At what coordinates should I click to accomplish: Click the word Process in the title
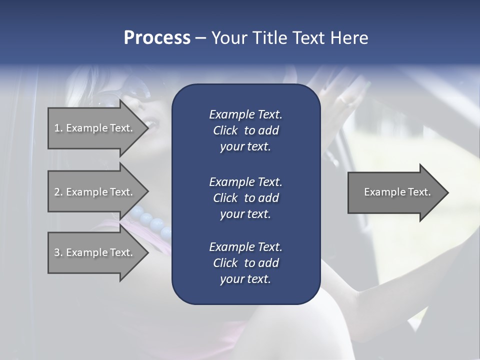157,38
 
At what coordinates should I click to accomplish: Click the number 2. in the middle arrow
58,192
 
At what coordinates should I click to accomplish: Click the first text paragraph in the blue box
245,130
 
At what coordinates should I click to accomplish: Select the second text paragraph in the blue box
245,198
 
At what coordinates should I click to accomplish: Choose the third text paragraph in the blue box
245,263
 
